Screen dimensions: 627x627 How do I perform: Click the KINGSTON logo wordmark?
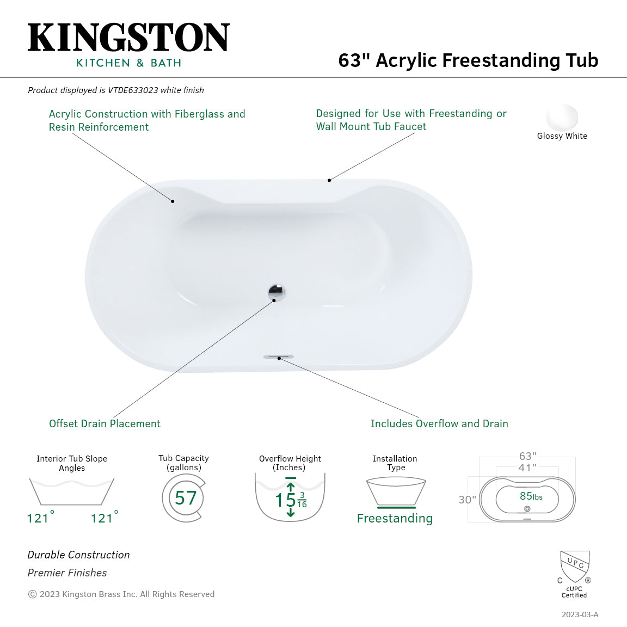coord(128,37)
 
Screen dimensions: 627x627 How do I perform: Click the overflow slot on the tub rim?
coord(278,356)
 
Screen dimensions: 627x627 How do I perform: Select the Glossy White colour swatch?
coord(562,117)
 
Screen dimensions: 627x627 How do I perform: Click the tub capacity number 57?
coord(186,498)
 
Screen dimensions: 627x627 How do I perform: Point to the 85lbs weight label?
coord(531,496)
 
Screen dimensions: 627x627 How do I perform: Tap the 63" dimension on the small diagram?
coord(528,456)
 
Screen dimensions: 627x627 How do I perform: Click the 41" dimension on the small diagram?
coord(527,468)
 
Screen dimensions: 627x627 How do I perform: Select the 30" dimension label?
coord(467,500)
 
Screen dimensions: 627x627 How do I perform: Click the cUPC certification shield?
coord(575,567)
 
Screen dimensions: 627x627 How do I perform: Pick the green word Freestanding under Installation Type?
coord(395,518)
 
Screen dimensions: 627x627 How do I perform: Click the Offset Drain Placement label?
coord(104,423)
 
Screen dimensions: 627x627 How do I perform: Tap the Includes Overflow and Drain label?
coord(439,423)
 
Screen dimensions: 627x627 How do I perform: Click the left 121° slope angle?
coord(40,518)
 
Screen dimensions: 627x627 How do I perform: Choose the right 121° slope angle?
coord(104,518)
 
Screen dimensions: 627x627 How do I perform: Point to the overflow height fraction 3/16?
coord(302,500)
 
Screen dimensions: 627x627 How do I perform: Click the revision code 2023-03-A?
coord(580,614)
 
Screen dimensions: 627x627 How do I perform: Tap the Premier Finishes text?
coord(67,573)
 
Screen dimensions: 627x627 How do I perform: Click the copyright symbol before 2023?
coord(33,594)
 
